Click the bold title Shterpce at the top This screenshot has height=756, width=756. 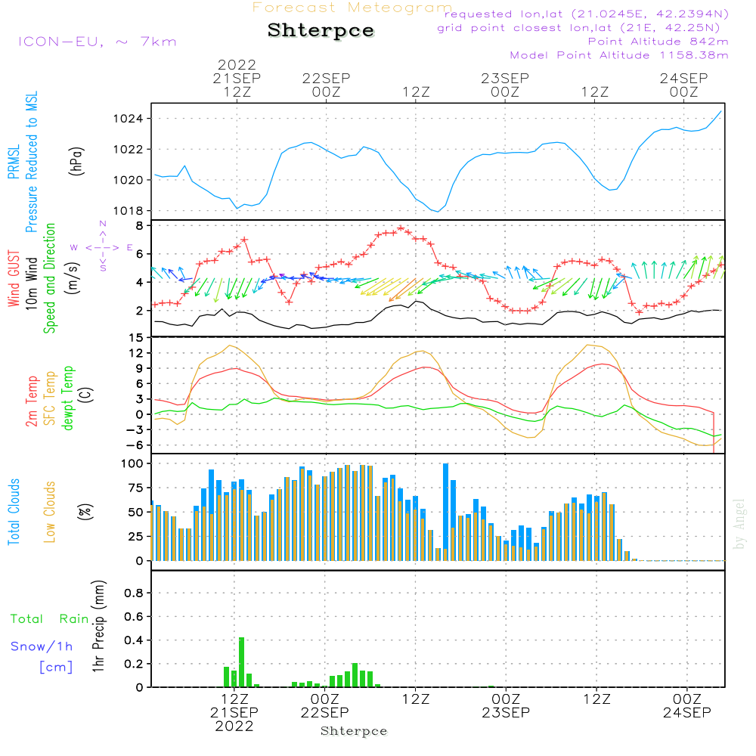tap(321, 30)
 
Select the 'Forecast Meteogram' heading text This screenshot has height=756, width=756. tap(352, 8)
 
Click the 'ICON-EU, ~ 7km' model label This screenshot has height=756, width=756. tap(97, 42)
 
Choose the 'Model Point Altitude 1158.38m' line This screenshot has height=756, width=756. tap(618, 55)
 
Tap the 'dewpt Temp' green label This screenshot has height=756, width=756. tap(68, 398)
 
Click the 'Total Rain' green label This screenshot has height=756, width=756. tap(49, 619)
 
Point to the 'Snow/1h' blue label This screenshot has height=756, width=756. tap(42, 646)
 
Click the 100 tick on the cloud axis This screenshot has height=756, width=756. tap(132, 463)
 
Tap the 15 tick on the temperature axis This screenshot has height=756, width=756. tap(136, 337)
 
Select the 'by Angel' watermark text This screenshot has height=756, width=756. tap(739, 523)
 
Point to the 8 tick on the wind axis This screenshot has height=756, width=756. tap(139, 225)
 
